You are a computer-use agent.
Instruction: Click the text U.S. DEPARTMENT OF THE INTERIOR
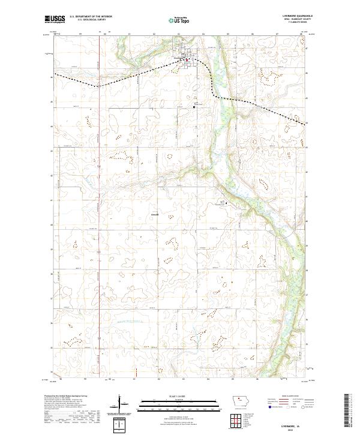pos(91,17)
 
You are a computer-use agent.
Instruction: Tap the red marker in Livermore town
pos(187,59)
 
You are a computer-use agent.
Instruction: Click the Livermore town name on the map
pos(179,58)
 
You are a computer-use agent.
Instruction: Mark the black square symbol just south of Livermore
pos(194,107)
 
